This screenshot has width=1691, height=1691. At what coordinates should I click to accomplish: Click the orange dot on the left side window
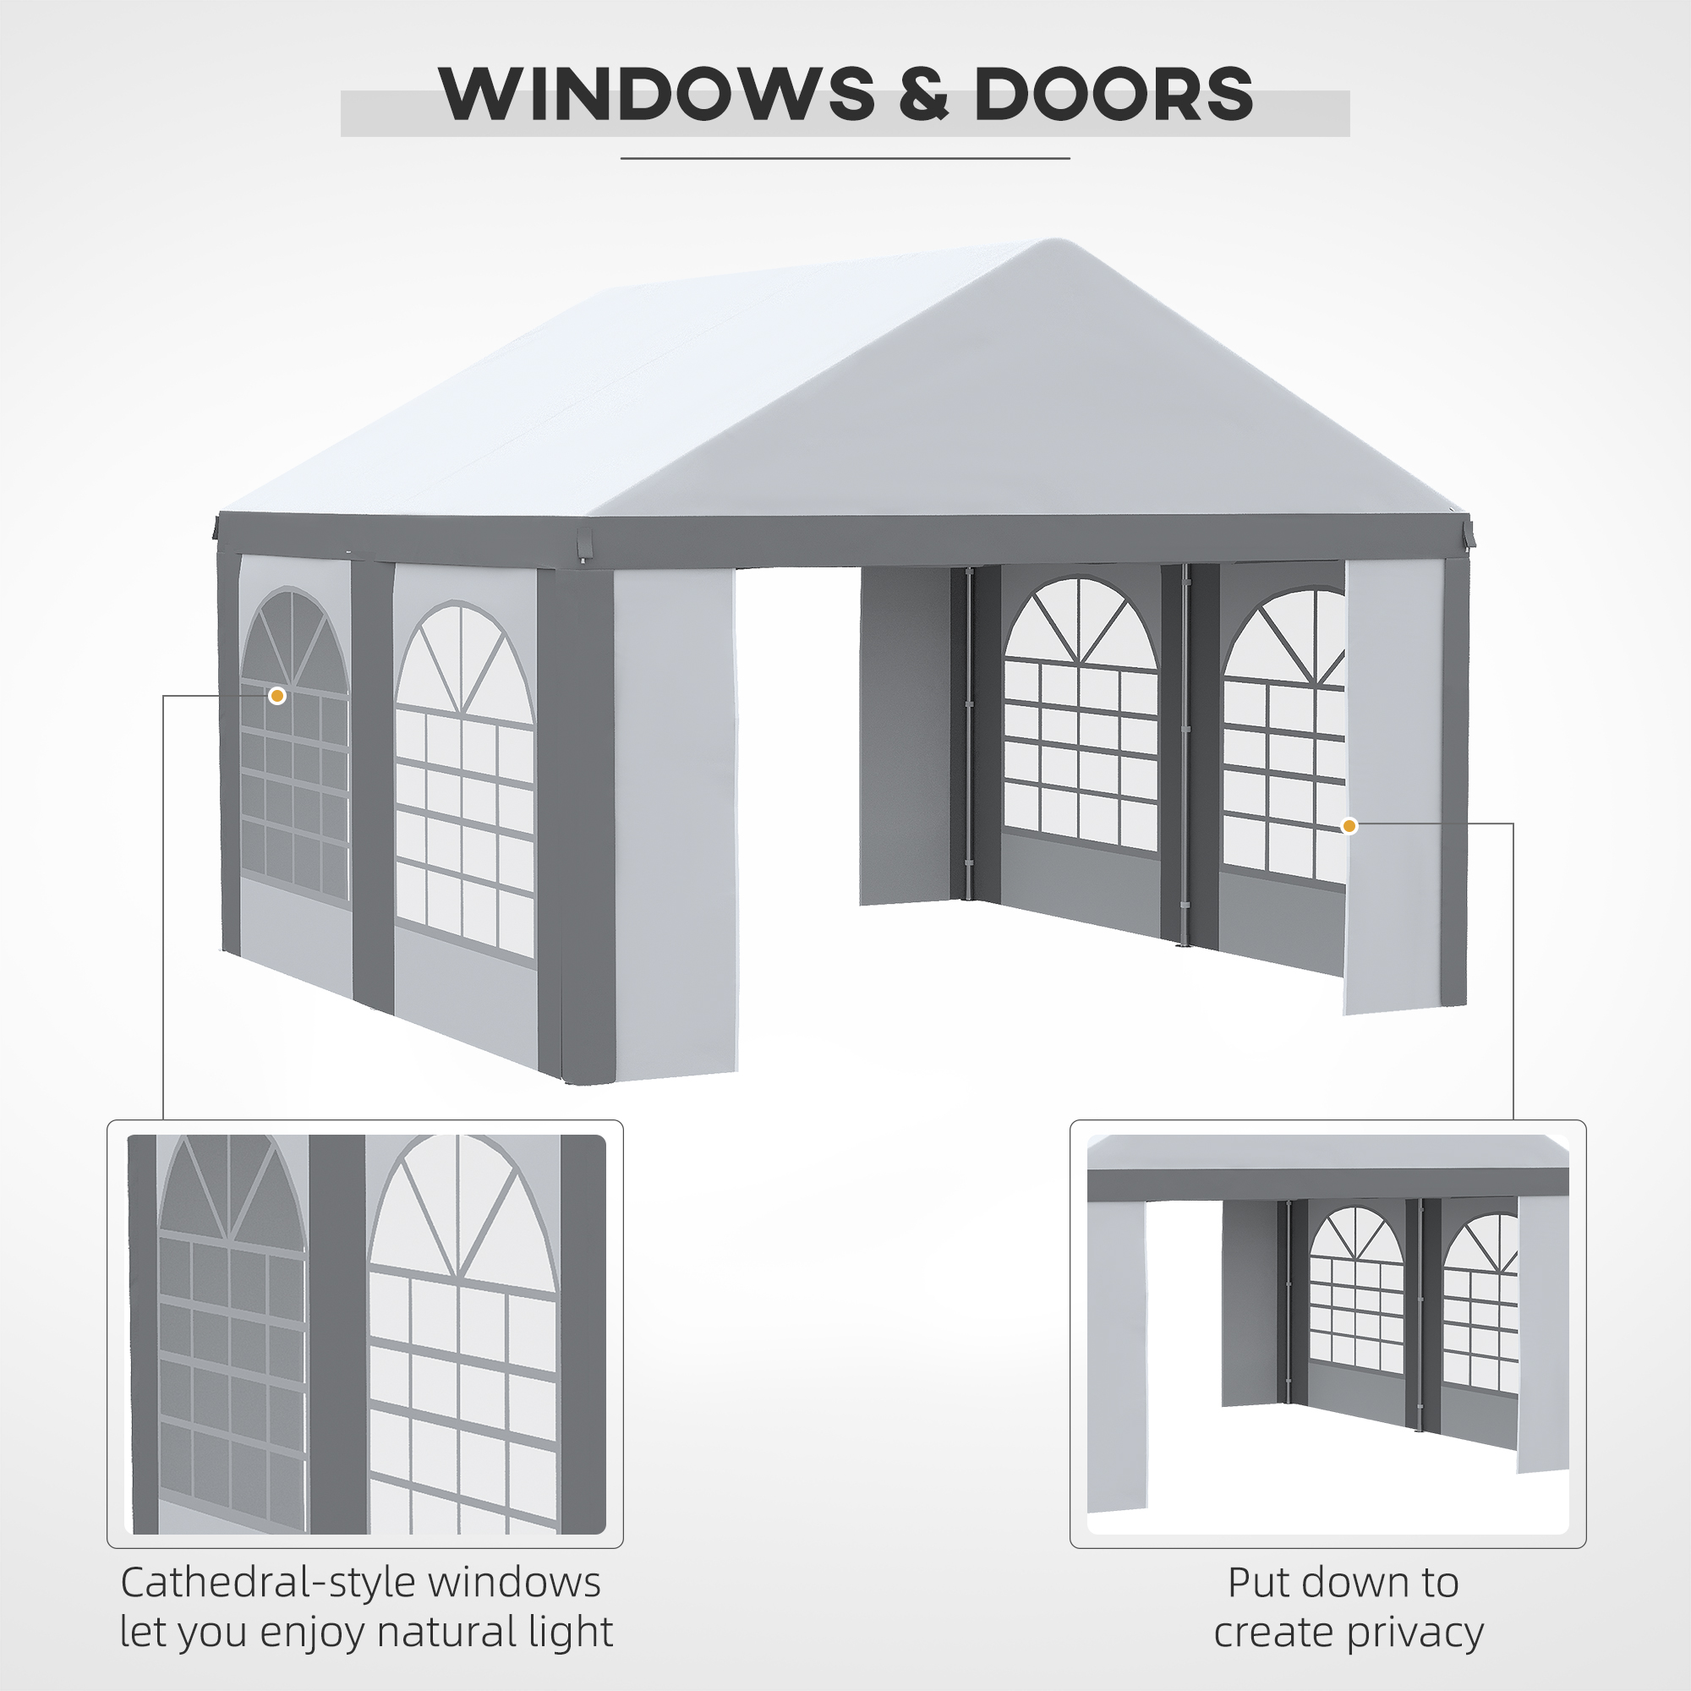tap(277, 696)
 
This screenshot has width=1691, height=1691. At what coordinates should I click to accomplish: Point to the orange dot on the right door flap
tap(1349, 825)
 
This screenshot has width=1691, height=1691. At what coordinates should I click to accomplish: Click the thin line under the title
tap(845, 158)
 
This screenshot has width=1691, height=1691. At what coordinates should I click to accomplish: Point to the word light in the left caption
tap(567, 1632)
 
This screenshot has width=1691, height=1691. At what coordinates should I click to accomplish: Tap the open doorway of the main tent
tap(796, 788)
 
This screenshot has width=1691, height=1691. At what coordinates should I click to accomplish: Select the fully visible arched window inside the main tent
tap(1080, 714)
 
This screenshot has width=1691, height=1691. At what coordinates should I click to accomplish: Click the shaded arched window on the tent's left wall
tap(294, 744)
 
